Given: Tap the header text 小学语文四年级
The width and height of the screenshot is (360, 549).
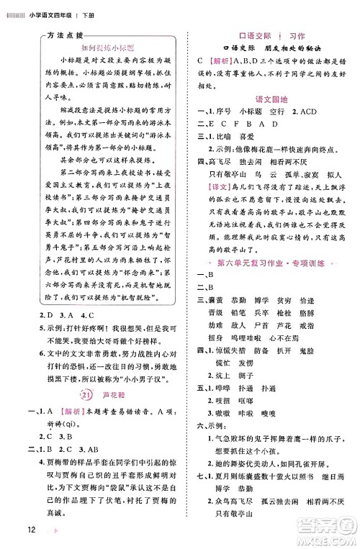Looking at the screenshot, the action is pos(52,10).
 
